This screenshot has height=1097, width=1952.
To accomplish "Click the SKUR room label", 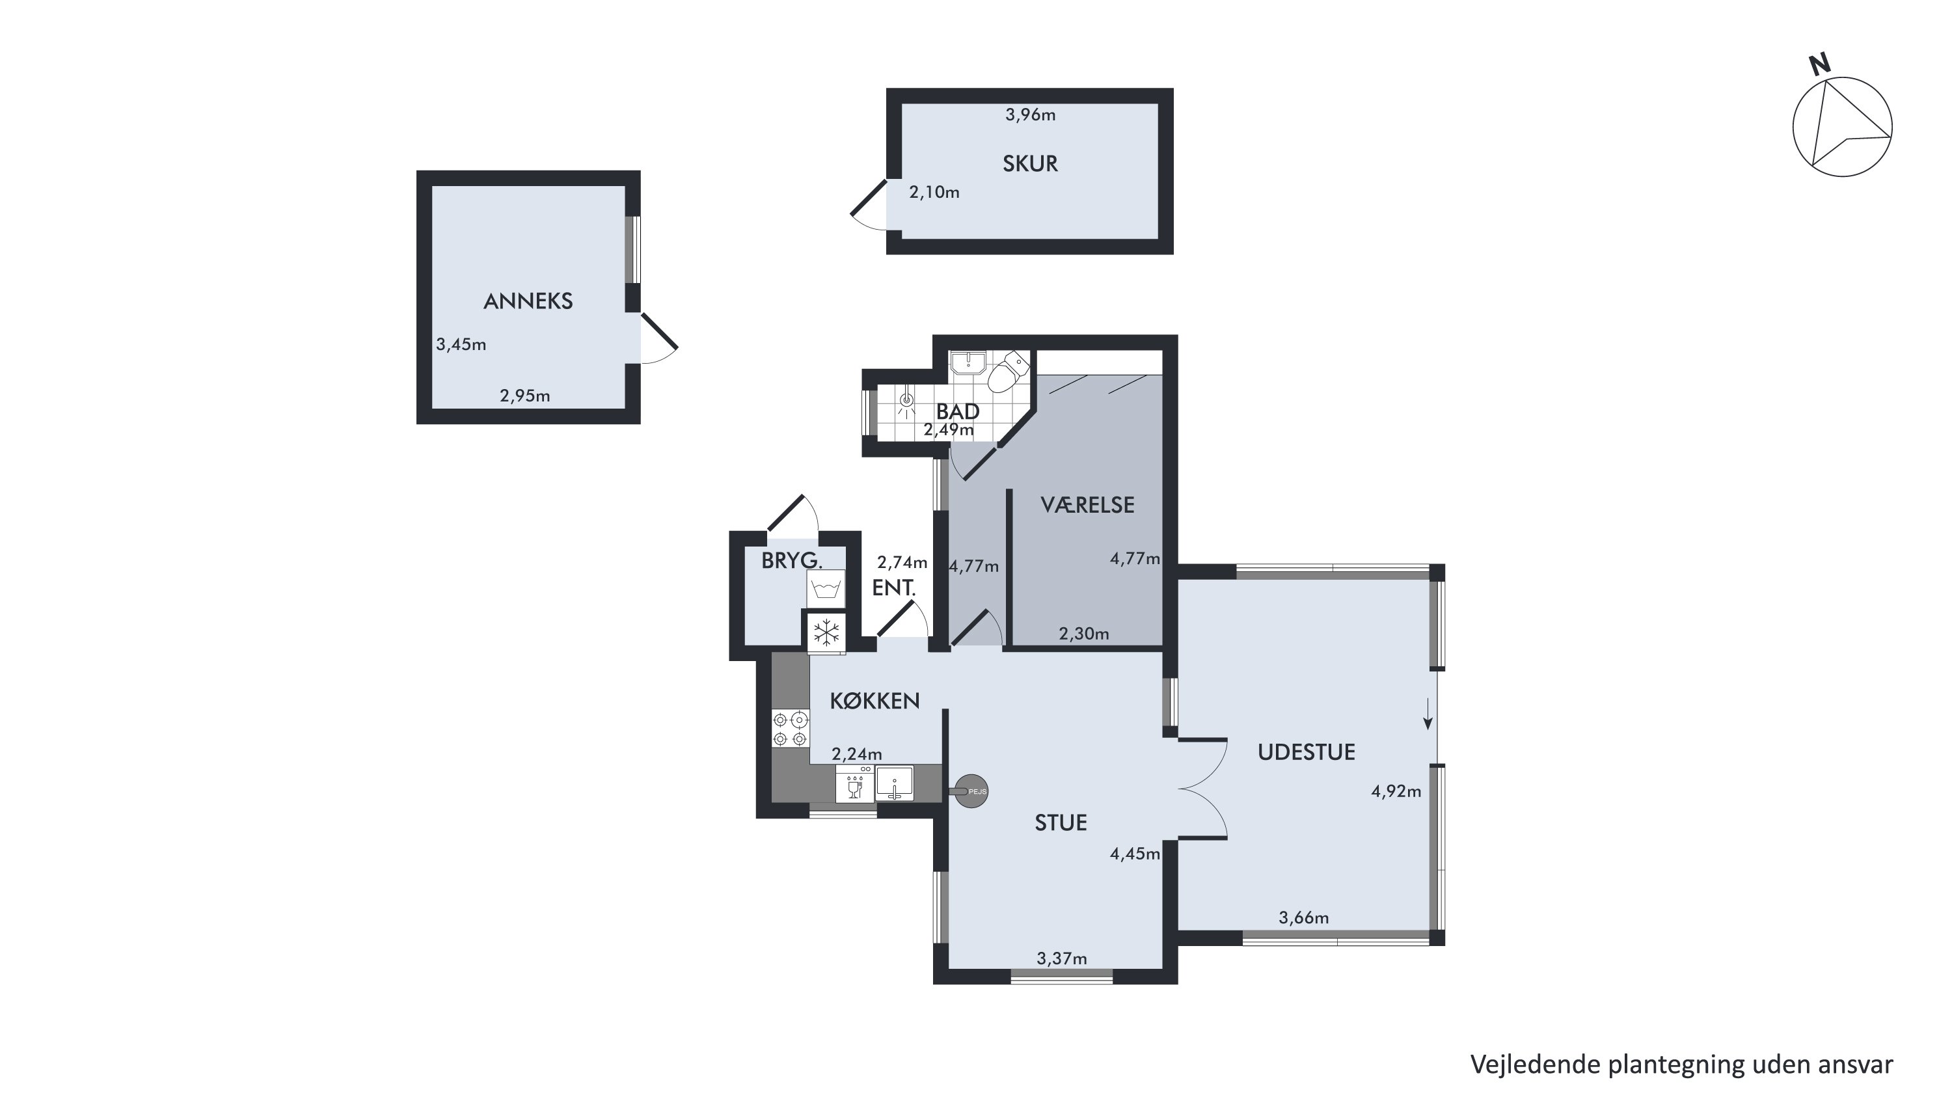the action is point(1030,164).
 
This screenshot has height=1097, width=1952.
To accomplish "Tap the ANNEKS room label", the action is point(528,301).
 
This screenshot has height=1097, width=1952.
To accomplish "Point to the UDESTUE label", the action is point(1307,752).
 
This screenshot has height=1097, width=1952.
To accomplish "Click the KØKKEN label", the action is point(874,701).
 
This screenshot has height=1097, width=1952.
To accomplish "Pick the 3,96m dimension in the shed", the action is point(1031,115).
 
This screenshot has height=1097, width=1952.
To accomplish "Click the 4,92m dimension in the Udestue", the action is point(1396,792).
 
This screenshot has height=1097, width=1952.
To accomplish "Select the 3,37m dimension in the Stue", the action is point(1062,959).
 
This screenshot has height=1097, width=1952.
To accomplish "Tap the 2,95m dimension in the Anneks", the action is point(525,396).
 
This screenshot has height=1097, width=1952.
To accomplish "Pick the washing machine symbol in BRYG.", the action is point(826,589).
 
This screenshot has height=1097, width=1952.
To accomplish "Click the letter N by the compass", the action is point(1819,65).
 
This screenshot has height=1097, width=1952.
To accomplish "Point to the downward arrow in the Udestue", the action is point(1428,713).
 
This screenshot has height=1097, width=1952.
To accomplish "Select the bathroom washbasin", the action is point(968,364).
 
